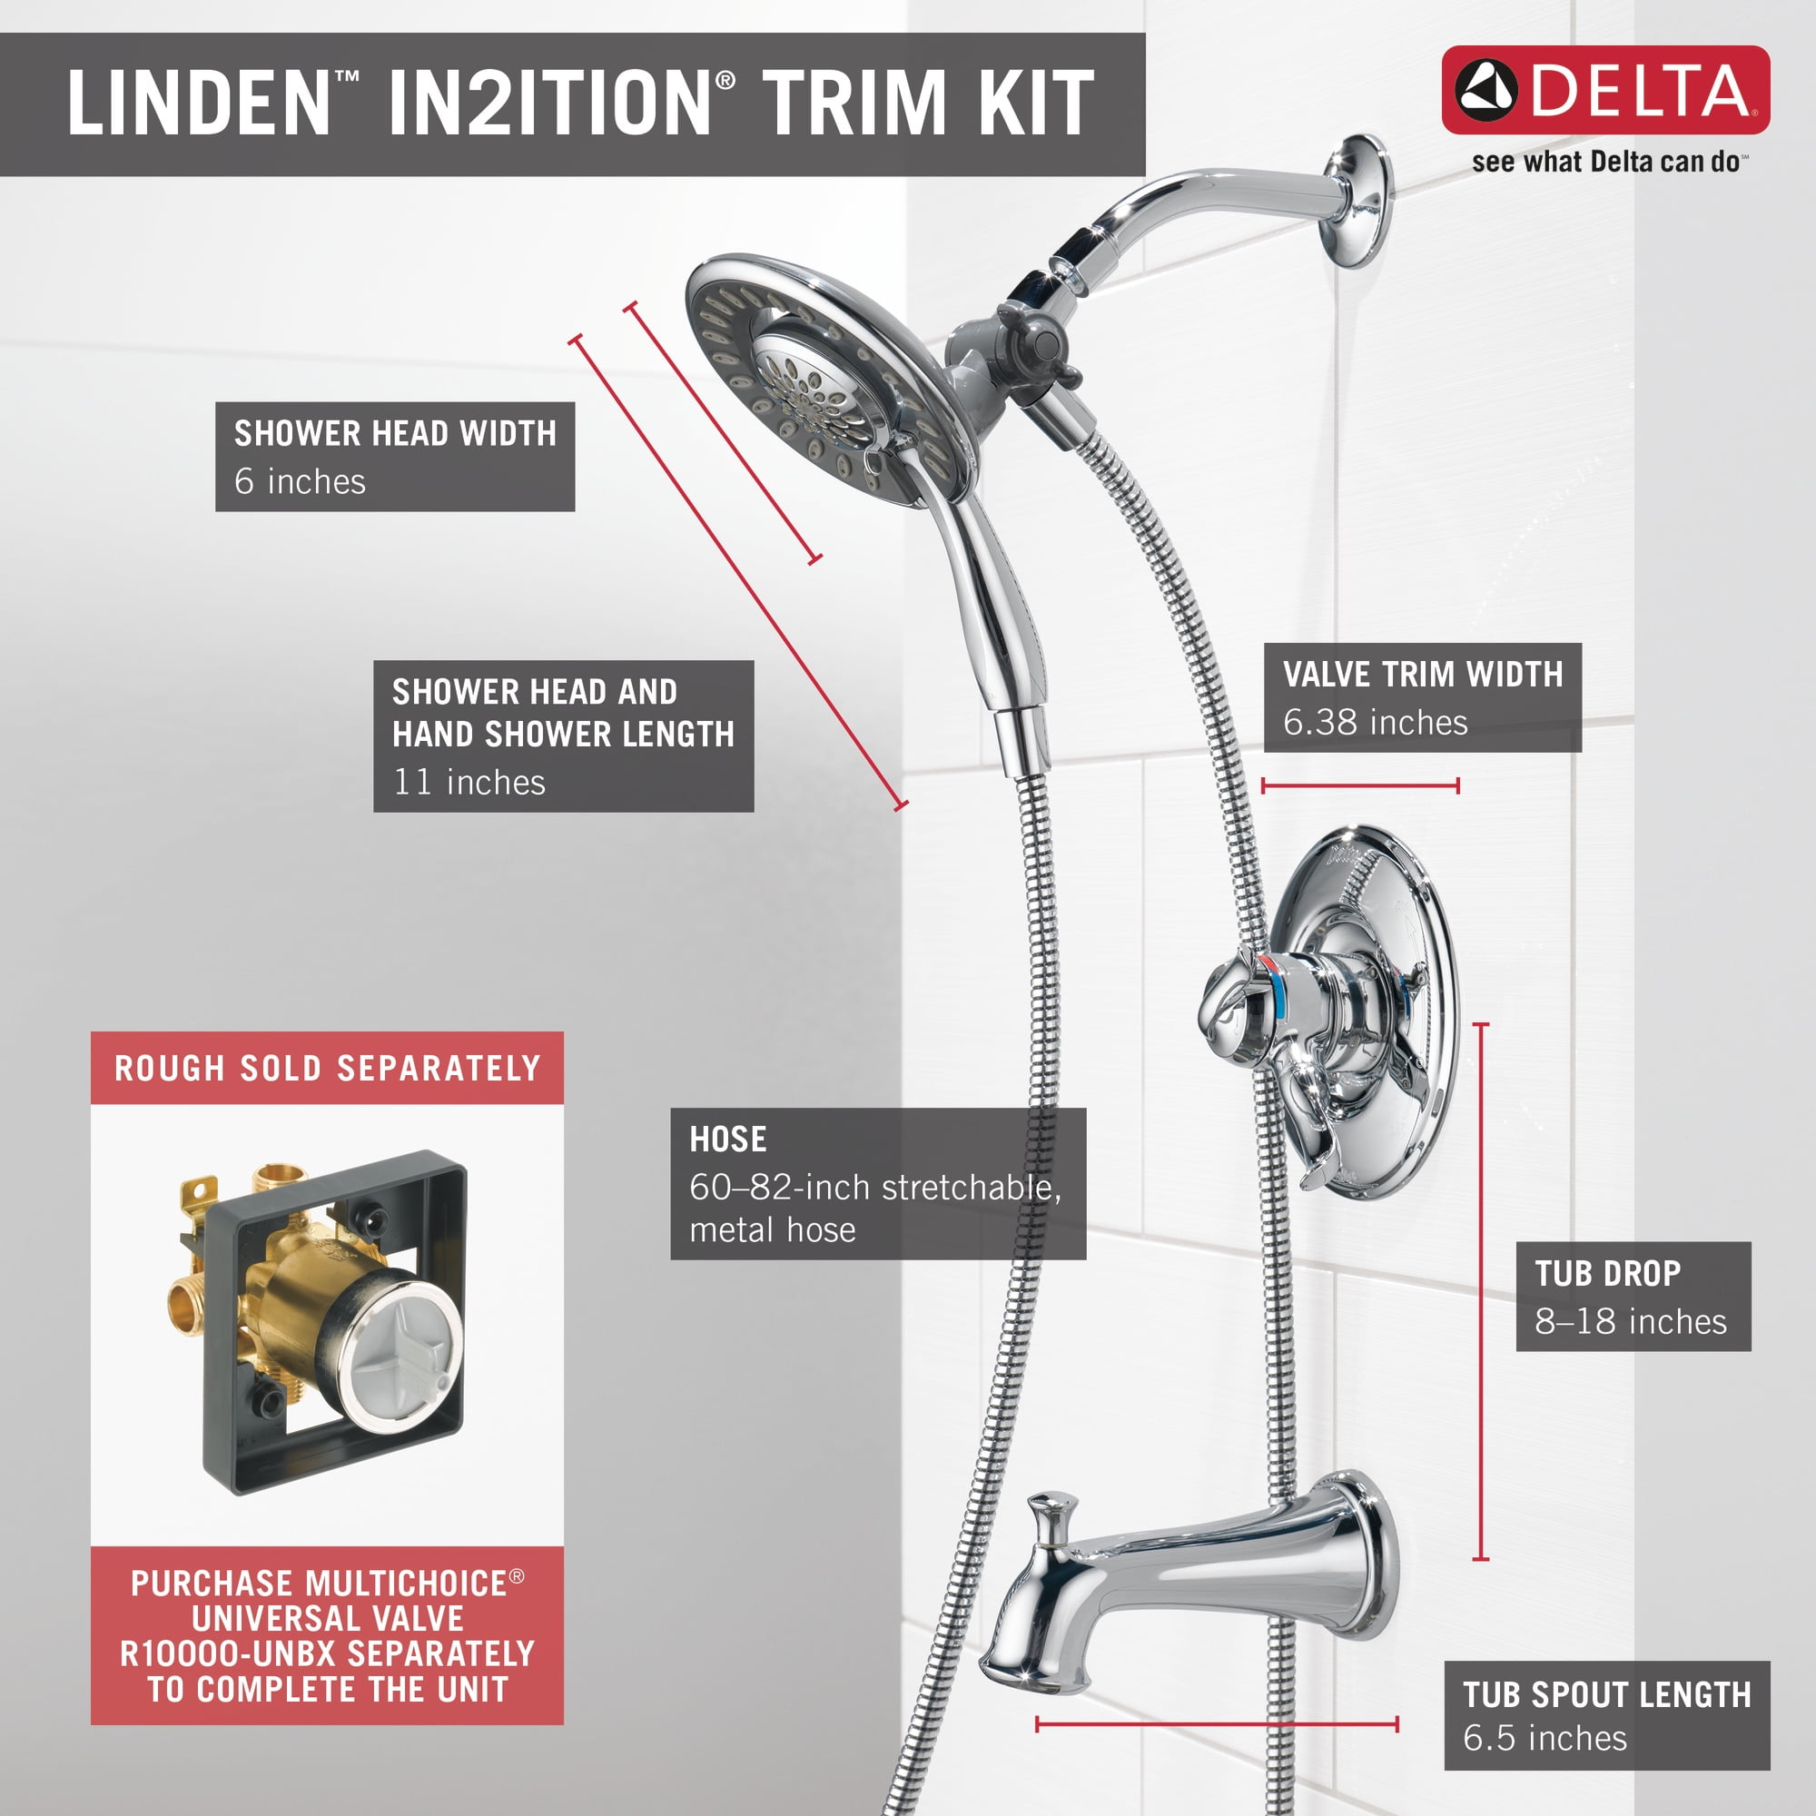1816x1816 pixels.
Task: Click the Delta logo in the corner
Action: [x=1605, y=89]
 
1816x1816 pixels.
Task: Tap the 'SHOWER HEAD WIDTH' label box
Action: [x=395, y=457]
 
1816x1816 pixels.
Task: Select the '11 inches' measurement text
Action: [x=469, y=782]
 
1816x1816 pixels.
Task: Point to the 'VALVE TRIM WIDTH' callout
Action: [x=1422, y=697]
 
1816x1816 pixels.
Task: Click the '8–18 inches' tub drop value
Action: [x=1631, y=1321]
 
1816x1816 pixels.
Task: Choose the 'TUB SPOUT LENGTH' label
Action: [x=1607, y=1694]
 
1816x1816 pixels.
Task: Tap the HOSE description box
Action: [x=878, y=1183]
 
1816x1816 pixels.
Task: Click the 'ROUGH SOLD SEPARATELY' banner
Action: [x=327, y=1068]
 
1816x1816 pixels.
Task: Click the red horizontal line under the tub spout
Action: [x=1217, y=1724]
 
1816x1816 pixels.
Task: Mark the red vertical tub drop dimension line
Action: [x=1481, y=1290]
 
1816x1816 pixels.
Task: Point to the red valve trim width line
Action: [x=1360, y=785]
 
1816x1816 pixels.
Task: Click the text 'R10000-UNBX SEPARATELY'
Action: [x=327, y=1653]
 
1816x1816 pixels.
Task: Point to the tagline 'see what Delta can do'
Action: [x=1609, y=162]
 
